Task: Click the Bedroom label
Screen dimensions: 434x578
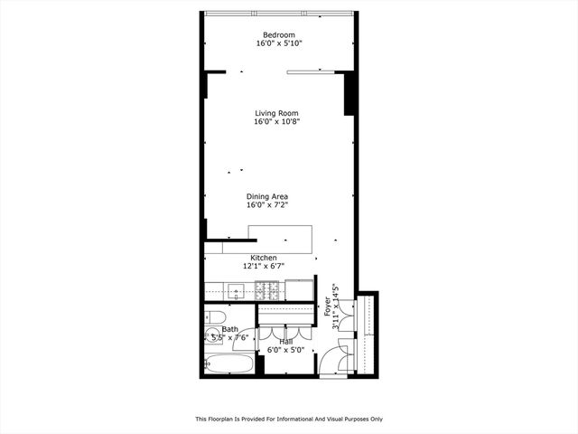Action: tap(275, 33)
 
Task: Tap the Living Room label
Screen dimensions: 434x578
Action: tap(276, 113)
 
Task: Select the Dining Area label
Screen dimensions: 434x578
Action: tap(267, 196)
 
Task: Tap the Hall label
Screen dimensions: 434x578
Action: tap(285, 342)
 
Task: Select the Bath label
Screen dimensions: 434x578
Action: tap(231, 329)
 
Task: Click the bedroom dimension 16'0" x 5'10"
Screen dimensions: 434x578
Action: tap(275, 42)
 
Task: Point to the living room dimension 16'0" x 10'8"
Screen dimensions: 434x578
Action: tap(276, 121)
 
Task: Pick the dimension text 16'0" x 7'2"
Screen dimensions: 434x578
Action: tap(267, 205)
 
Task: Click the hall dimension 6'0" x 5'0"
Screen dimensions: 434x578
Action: tap(285, 350)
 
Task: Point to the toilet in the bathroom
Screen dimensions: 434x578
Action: tap(214, 316)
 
